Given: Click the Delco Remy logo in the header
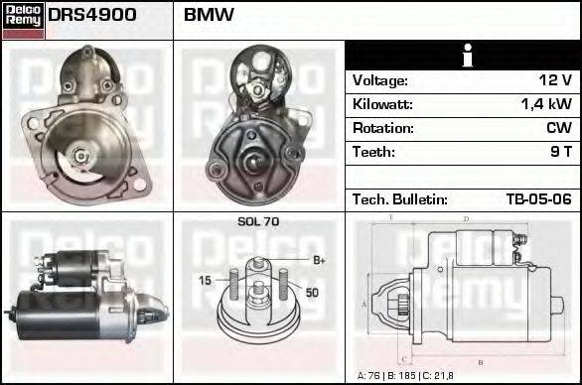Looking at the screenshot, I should pos(22,20).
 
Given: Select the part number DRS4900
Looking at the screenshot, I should pos(92,16).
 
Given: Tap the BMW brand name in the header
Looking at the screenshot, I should pos(210,16).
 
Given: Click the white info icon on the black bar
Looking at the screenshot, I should pos(463,56).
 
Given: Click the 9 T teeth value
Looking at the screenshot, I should pos(561,152).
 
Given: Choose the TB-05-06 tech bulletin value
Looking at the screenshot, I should pos(538,199).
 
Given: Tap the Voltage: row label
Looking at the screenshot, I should pos(379,80).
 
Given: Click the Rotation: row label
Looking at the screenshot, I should pos(382,128).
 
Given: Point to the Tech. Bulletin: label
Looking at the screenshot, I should pos(399,199).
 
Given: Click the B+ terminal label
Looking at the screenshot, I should pos(319,260).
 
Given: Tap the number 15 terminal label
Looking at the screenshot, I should pos(205,281).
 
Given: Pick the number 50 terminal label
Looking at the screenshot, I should pos(311,293).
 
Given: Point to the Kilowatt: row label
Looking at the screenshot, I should pos(382,104).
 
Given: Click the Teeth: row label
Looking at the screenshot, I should pos(373,152).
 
